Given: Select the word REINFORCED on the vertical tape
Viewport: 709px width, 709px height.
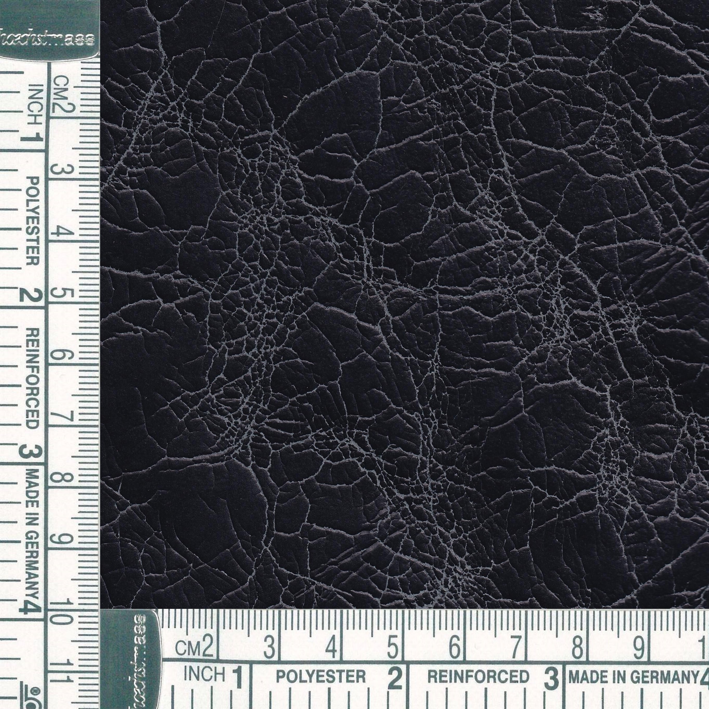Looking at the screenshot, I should pos(33,378).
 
